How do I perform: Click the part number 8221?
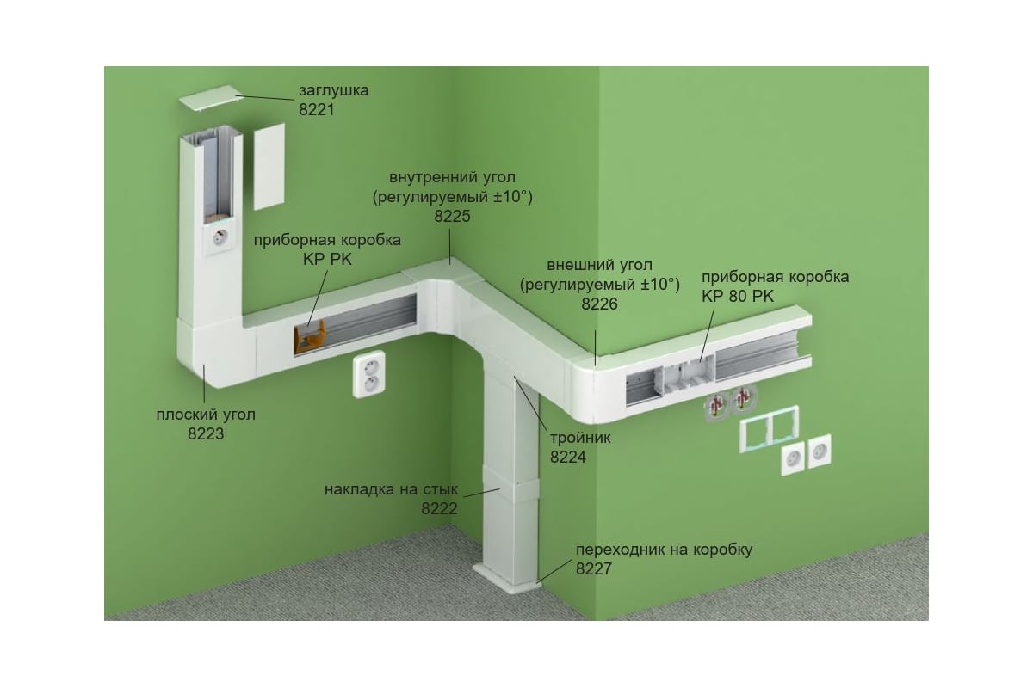(317, 110)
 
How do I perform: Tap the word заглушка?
(333, 91)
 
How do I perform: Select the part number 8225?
(452, 216)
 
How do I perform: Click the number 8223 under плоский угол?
(206, 433)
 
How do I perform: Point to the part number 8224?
(567, 458)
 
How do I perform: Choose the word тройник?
(580, 438)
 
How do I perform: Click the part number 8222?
(439, 509)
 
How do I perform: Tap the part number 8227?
(594, 568)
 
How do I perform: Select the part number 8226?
(599, 304)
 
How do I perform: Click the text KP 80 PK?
(738, 297)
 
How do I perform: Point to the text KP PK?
(327, 260)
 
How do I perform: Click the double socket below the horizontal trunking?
(369, 374)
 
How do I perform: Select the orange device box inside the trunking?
(309, 337)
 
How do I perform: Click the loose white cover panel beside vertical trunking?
(269, 166)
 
